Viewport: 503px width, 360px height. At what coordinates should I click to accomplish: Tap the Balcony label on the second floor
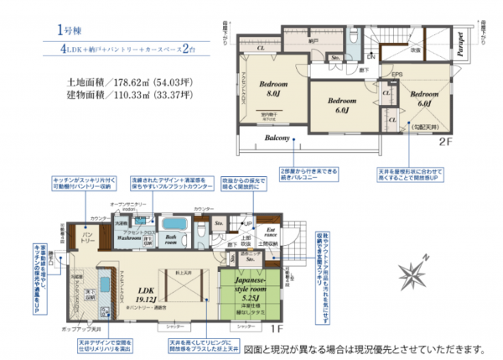tap(277, 138)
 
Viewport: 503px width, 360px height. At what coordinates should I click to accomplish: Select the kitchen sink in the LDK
tap(106, 282)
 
